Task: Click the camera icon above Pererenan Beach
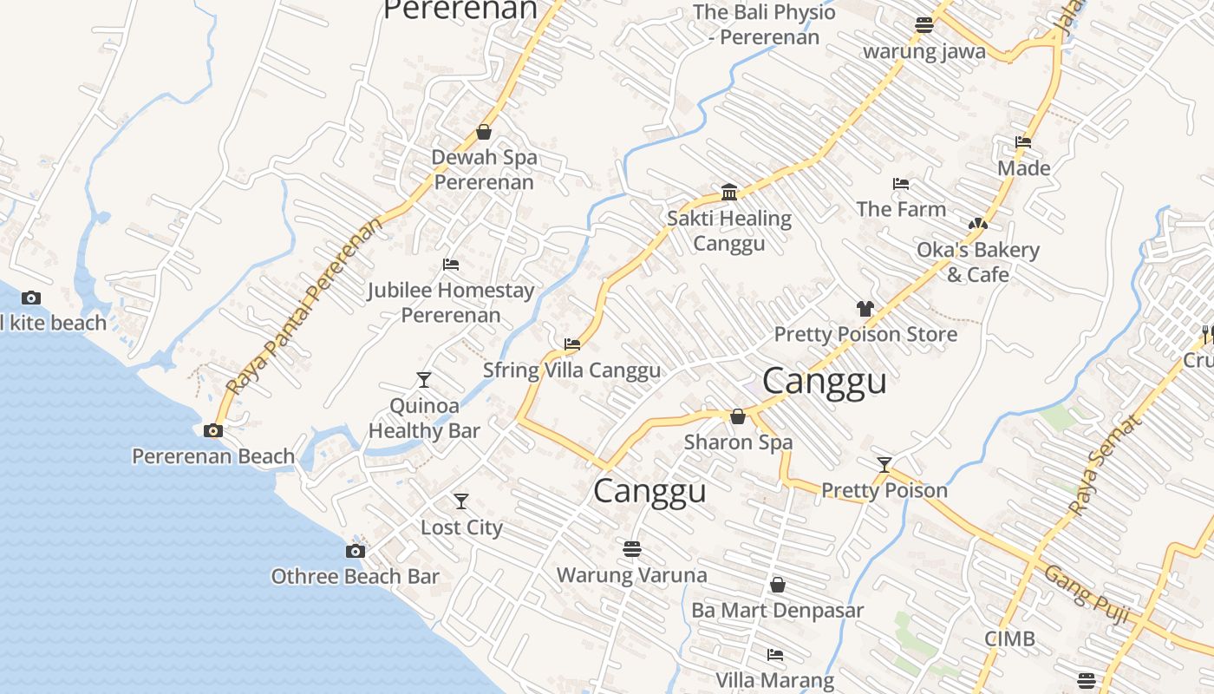[212, 430]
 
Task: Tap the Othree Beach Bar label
[355, 577]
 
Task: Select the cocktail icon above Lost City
[461, 501]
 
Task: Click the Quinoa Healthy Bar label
[424, 418]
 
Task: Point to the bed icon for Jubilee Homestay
[451, 265]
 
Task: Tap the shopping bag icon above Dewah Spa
[484, 133]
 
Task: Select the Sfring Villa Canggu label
[571, 370]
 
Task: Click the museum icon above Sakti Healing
[729, 192]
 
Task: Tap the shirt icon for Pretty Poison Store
[865, 309]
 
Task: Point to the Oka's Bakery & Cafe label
[978, 262]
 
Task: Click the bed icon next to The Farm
[901, 184]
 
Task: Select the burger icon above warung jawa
[924, 25]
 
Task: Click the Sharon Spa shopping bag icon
[738, 417]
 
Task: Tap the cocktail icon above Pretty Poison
[884, 465]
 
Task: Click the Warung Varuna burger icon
[631, 549]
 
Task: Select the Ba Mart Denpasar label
[777, 611]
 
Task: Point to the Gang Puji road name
[1086, 594]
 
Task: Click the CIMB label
[1009, 639]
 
